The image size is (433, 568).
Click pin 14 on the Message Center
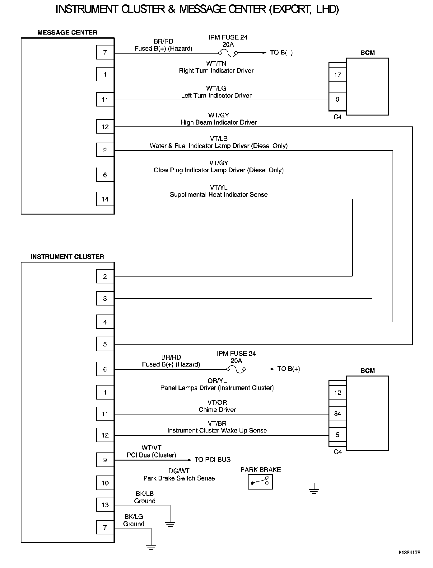pos(105,199)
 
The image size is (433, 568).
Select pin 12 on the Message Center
pos(105,127)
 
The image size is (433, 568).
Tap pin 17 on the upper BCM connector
pos(338,75)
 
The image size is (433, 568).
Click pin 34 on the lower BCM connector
pos(338,414)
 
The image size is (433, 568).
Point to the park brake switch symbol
pos(260,482)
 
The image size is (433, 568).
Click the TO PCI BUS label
pos(212,460)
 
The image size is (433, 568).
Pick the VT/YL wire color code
pos(219,187)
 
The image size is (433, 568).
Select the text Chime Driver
pos(217,410)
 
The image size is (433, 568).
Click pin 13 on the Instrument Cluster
pos(105,505)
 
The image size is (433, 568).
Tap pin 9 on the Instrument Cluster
pos(105,460)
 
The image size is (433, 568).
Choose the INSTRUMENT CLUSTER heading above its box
pos(67,257)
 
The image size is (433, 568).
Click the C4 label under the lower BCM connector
pos(338,452)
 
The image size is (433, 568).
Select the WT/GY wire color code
pos(219,115)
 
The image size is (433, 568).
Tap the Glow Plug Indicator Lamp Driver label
pos(219,170)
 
